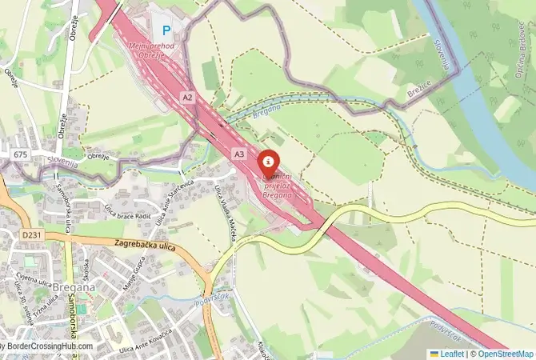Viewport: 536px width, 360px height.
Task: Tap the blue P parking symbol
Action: (x=166, y=31)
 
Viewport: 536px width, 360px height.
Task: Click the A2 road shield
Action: (x=188, y=98)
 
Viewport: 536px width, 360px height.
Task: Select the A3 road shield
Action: (x=239, y=153)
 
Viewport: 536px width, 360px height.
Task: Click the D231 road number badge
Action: (x=32, y=235)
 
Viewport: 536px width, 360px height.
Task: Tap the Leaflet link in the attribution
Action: (x=451, y=353)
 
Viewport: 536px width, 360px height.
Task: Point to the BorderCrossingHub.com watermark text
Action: (x=48, y=346)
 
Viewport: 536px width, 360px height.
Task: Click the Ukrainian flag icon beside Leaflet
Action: (x=434, y=353)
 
